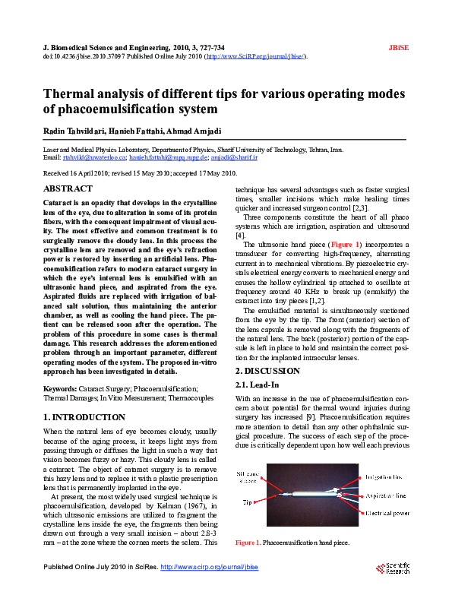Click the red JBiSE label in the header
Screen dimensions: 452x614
click(x=399, y=47)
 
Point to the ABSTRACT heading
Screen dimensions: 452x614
click(x=68, y=188)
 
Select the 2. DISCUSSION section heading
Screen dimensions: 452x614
click(x=267, y=370)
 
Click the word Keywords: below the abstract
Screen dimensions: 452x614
click(x=61, y=388)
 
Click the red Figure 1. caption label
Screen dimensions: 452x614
click(x=248, y=543)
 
